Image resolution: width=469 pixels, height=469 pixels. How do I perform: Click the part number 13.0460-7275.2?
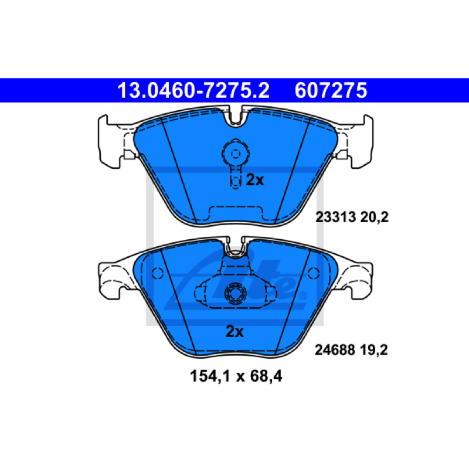point(193,90)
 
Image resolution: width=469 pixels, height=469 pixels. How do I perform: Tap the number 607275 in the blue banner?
point(331,90)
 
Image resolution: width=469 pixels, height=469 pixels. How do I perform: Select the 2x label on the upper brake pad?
point(255,180)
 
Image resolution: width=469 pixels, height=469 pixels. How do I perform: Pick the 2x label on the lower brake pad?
point(235,331)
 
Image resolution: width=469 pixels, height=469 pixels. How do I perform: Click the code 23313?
point(335,217)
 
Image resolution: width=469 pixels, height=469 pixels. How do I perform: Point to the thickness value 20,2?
point(374,217)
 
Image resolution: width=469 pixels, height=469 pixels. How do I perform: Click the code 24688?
point(335,350)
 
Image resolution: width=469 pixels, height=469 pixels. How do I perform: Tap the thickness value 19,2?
point(373,350)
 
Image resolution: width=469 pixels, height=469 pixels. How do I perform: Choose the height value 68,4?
point(266,376)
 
